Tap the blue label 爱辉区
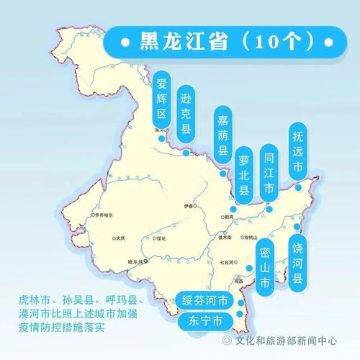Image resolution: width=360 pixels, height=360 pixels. pos(162,97)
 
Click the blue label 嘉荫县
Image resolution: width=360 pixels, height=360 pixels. pos(222,133)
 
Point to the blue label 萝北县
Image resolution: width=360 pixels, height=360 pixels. pos(244,174)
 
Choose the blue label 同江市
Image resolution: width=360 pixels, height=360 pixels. pos(269,170)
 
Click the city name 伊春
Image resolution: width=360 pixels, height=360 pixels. pos(190,204)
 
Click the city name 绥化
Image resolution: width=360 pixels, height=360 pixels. pos(161,238)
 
